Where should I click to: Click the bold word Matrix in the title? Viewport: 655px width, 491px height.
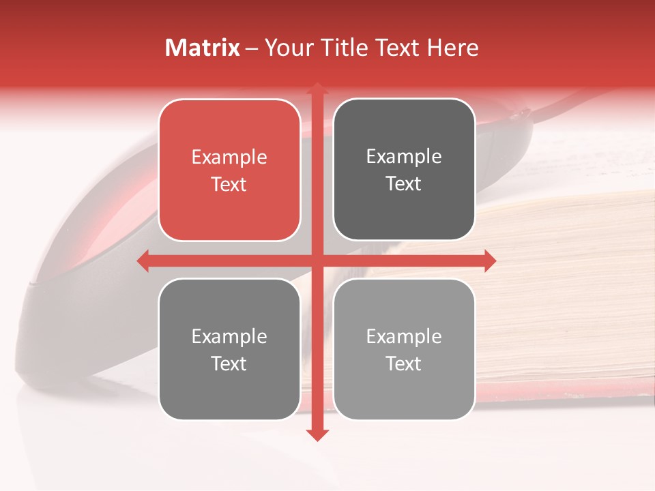[x=203, y=48]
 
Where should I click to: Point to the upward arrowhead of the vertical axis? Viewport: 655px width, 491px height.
[x=317, y=88]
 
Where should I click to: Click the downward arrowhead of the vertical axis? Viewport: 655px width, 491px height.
[x=317, y=434]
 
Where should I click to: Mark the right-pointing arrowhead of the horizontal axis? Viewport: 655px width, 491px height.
[x=489, y=261]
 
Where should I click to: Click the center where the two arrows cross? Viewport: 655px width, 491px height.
[x=317, y=261]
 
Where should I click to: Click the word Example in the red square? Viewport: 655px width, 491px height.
[x=229, y=158]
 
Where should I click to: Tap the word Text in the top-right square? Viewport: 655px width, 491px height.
[x=404, y=184]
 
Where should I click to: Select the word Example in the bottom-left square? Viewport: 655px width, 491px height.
[x=229, y=337]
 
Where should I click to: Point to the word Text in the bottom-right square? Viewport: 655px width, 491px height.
[x=404, y=364]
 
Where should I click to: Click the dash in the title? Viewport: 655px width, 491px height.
[x=252, y=48]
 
